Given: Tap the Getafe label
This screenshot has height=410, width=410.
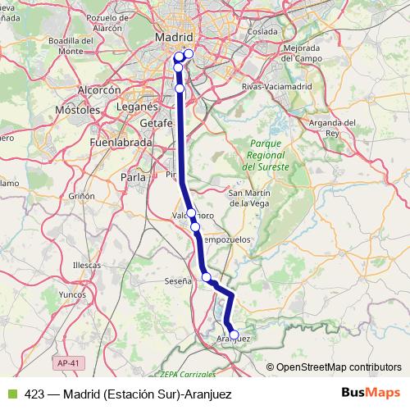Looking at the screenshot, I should coord(138,122).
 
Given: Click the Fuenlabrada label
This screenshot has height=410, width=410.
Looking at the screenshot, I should coord(119,142).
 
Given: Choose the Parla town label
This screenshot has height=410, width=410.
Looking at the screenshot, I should coord(133,176).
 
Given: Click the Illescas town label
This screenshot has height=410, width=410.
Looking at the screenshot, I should coord(86,266).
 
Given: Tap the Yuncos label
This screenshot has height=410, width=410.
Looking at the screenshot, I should coord(73,293).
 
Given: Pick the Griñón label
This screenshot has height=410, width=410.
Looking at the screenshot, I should coord(82,197).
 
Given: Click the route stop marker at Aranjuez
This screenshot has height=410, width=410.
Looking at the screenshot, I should coord(234,335).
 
